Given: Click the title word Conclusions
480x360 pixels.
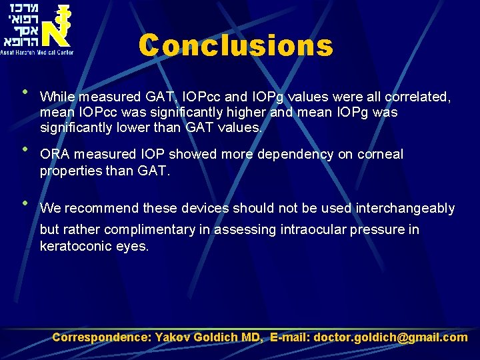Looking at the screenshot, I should tap(235, 46).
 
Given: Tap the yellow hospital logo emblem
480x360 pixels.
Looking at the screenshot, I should tap(57, 25).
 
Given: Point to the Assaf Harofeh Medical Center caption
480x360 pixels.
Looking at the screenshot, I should tap(37, 51).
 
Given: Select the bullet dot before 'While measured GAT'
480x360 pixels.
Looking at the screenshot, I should tap(25, 92).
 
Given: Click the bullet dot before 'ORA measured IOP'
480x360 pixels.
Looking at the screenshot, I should tap(25, 148).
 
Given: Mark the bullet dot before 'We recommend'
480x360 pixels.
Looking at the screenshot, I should tap(25, 203).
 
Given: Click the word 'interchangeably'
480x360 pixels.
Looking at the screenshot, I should tap(405, 209).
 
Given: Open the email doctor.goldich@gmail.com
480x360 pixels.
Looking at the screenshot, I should tap(391, 337).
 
